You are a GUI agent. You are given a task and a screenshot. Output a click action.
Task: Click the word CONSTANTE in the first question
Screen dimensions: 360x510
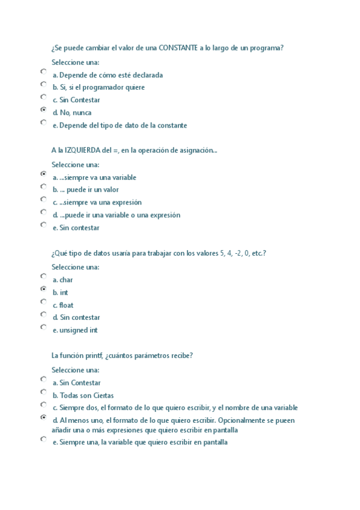click(175, 48)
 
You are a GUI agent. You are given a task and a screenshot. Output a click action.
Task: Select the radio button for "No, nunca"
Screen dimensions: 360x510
click(43, 109)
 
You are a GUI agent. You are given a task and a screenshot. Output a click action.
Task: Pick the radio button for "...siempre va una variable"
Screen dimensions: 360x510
click(43, 173)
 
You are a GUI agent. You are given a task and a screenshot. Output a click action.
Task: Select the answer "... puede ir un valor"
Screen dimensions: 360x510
click(90, 190)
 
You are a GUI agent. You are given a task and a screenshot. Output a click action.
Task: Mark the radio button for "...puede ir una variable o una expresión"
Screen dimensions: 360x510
click(43, 212)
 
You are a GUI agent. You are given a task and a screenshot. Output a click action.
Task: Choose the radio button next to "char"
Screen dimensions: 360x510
click(43, 276)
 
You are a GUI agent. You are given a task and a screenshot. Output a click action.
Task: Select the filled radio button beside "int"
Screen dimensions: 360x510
click(43, 289)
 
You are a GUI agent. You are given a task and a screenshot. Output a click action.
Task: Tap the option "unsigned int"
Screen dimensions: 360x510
click(79, 330)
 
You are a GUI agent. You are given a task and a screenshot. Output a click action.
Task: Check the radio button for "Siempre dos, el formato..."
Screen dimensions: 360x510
click(43, 405)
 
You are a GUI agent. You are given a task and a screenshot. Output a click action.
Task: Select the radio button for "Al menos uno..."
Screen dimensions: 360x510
click(43, 417)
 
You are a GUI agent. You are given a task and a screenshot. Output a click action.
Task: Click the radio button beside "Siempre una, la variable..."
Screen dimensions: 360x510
click(43, 439)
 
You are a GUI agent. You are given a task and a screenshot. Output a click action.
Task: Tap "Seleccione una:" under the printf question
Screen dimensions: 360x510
click(75, 370)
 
